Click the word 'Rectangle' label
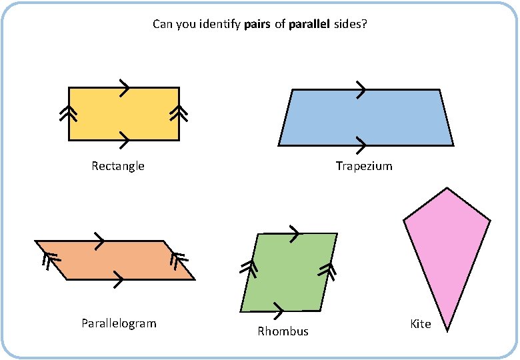(118, 166)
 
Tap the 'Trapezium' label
(364, 166)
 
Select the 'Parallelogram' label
(119, 323)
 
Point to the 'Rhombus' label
(283, 331)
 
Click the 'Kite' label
(421, 324)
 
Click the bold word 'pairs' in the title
(258, 25)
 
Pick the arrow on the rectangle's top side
(125, 87)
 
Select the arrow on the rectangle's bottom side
(124, 140)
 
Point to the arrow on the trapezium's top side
(361, 89)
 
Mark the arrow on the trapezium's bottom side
(361, 145)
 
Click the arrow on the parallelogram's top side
(99, 241)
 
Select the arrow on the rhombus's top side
(293, 234)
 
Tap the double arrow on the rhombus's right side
(327, 271)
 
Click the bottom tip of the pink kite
(447, 330)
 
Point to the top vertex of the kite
(445, 189)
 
